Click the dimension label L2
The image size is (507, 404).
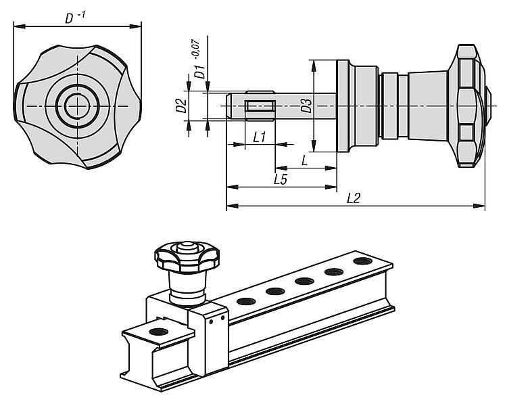[x=353, y=198]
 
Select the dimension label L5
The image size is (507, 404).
[x=281, y=179]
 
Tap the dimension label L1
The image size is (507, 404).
[x=259, y=137]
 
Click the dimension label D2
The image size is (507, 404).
[x=180, y=106]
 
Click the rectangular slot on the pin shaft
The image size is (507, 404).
[x=258, y=106]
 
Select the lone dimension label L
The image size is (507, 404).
[x=305, y=160]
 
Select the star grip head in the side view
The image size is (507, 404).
[x=470, y=106]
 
